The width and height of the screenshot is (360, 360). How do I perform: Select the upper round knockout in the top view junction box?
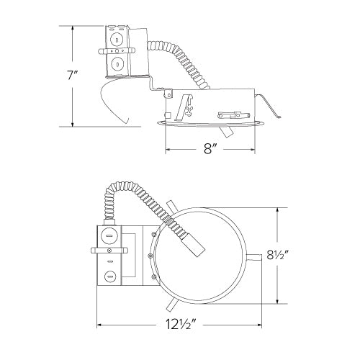[110, 235]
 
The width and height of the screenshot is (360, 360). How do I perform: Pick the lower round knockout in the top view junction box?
[110, 274]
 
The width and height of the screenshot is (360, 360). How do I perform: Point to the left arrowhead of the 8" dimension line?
[168, 149]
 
